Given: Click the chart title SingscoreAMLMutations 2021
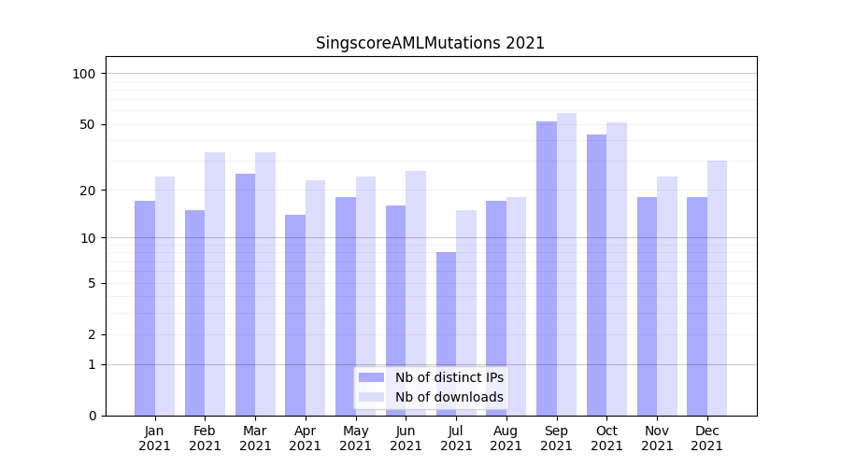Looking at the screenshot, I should pos(430,43).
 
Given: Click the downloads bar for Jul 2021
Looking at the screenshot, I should pos(466,313).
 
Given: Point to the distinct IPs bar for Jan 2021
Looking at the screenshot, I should pos(145,308).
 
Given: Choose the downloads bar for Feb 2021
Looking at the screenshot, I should pos(215,284).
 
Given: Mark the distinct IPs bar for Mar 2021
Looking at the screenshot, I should pos(245,294).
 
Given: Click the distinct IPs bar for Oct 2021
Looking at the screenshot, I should pos(596,275).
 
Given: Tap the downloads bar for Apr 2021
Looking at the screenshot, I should pos(316,298).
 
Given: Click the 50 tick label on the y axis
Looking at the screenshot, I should pos(88,124).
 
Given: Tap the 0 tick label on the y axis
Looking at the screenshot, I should pos(92,416).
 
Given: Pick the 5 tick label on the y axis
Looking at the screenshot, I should pos(92,283).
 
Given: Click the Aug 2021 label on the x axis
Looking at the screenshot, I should pos(506,438).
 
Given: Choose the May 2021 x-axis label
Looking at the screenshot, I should pos(356,438).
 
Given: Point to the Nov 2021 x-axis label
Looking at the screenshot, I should pos(657,438).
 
